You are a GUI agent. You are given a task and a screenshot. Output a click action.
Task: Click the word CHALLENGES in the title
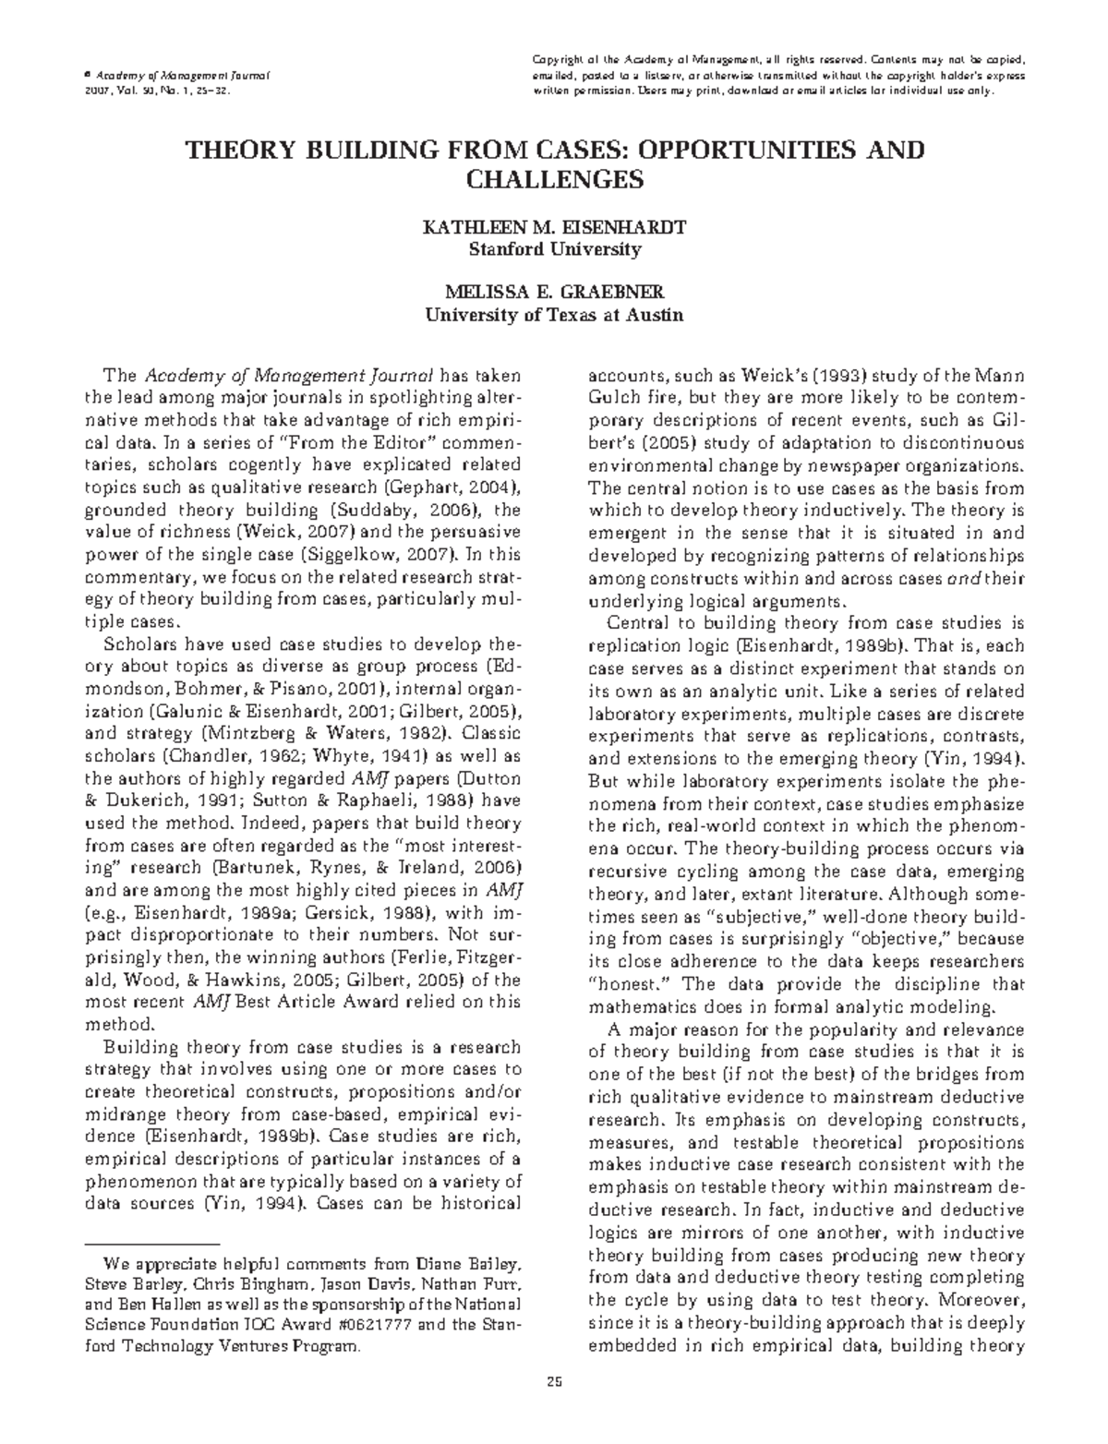click(553, 179)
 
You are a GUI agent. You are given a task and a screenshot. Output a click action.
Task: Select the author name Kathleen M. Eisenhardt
click(553, 228)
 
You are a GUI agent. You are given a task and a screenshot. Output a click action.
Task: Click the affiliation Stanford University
click(553, 249)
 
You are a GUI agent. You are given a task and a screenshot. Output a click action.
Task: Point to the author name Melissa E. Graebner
click(553, 293)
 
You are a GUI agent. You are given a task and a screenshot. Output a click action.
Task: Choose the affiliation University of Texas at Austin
click(553, 315)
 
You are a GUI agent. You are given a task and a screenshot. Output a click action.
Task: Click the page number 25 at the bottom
click(554, 1382)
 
